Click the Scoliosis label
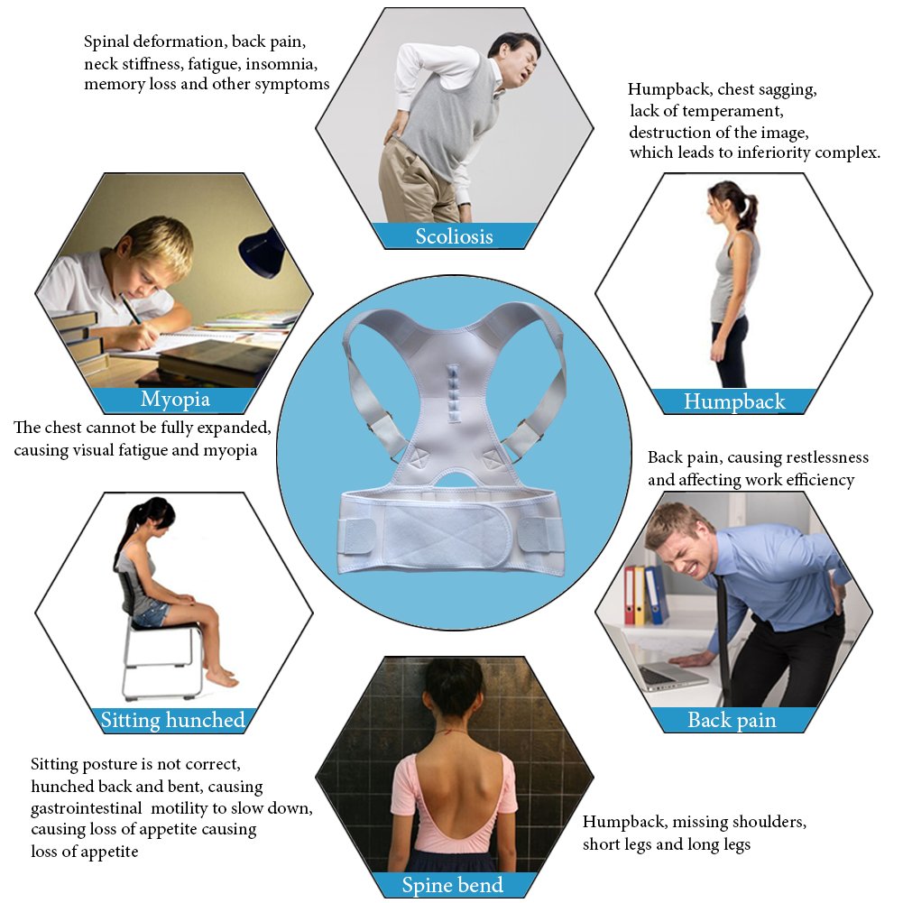(455, 236)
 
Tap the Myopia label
(175, 400)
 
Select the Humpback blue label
(734, 401)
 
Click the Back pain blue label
(732, 719)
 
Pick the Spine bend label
(453, 884)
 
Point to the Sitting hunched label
(173, 719)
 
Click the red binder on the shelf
(629, 595)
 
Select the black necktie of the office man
(723, 631)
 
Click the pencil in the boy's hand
(133, 309)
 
